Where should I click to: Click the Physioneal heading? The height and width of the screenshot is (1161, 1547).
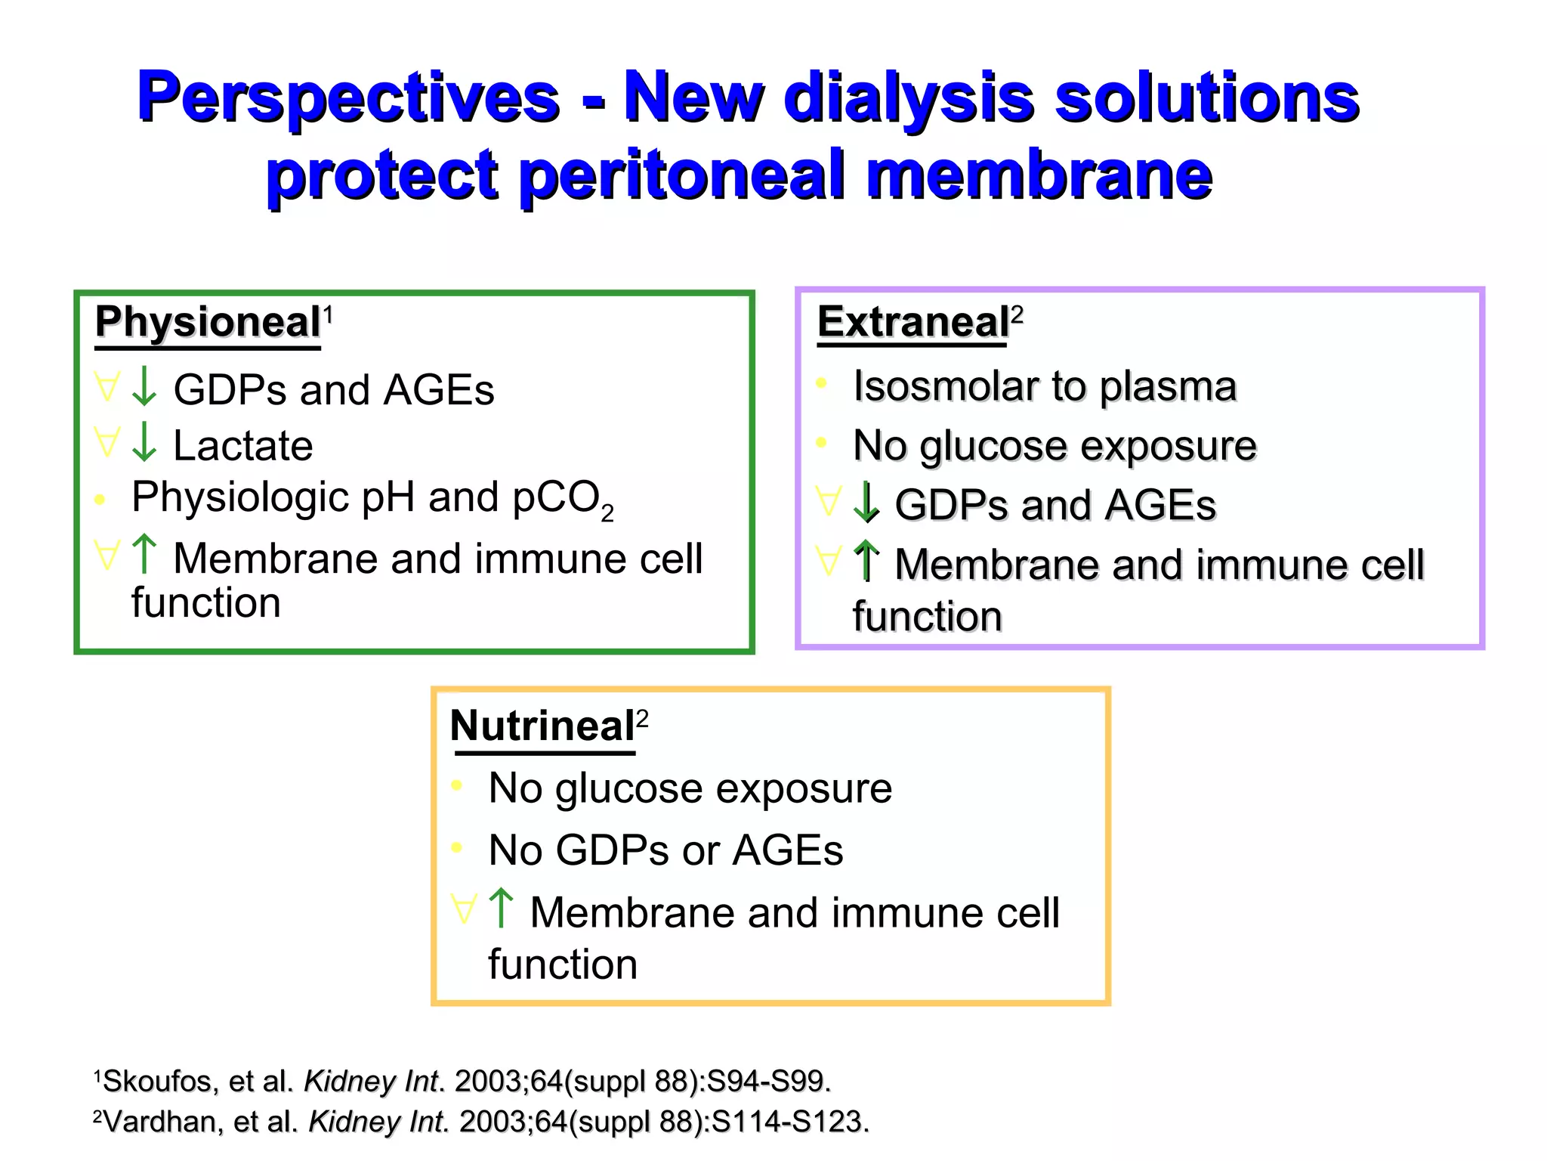pos(208,322)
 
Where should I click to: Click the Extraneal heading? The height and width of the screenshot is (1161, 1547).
pos(912,322)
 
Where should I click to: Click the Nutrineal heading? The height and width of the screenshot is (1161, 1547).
pos(542,726)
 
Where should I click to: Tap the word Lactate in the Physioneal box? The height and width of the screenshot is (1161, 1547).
pos(242,445)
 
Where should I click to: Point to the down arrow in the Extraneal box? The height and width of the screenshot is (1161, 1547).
pos(866,503)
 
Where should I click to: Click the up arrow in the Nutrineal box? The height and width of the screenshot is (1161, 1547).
pos(501,909)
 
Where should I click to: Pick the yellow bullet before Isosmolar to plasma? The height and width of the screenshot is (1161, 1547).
pos(822,383)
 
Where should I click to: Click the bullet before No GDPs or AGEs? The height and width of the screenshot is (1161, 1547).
pos(456,848)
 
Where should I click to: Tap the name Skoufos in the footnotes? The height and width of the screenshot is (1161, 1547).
pos(157,1081)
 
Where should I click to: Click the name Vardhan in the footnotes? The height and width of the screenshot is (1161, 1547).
pos(159,1122)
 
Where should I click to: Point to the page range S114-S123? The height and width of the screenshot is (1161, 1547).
pos(790,1122)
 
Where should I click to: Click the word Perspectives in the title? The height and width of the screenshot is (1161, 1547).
pos(348,98)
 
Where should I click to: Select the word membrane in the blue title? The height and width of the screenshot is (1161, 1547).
pos(1039,175)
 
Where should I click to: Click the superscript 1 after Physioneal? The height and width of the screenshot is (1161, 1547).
pos(328,312)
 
